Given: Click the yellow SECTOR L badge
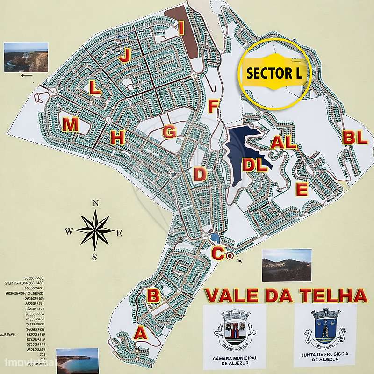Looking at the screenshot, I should click(273, 73).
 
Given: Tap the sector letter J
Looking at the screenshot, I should click(124, 56).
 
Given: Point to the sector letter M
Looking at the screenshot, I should click(71, 125).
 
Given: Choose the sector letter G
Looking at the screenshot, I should click(169, 132).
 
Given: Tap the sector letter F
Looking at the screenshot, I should click(213, 106).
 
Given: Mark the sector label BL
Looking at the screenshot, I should click(355, 137).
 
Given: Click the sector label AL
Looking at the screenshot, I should click(284, 143).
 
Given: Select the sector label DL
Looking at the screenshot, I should click(255, 165).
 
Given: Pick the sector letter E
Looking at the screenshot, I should click(302, 190).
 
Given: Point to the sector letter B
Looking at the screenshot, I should click(153, 295).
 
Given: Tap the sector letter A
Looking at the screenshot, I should click(140, 333).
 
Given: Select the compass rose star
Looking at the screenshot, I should click(95, 230).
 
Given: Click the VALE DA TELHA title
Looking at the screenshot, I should click(285, 295).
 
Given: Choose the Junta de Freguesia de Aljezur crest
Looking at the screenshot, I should click(325, 328).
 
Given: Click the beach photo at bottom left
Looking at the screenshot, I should click(77, 360).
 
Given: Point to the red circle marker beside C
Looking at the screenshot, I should click(229, 256).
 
